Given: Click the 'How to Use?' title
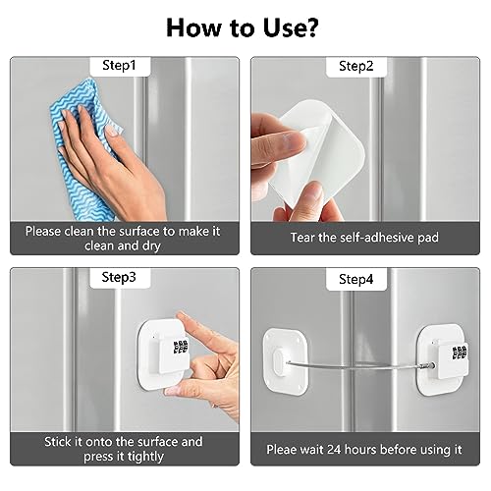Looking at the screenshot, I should tap(245, 26).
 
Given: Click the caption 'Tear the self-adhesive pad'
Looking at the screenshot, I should tap(362, 238).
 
